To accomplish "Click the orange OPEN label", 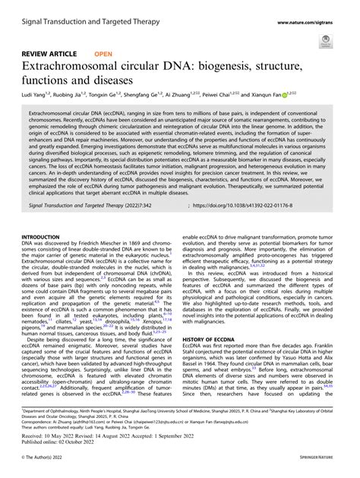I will (x=103, y=55).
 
